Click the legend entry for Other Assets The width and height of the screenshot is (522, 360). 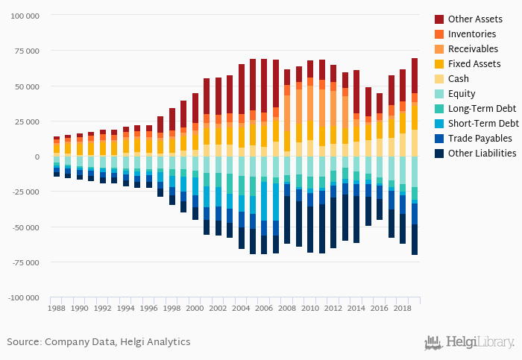(x=474, y=19)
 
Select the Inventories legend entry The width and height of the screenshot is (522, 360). (x=472, y=34)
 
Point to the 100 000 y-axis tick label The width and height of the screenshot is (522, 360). (x=24, y=16)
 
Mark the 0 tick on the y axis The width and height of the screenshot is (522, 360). (x=37, y=157)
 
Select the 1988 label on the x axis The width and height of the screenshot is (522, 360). (x=57, y=307)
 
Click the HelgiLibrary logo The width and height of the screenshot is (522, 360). (x=469, y=343)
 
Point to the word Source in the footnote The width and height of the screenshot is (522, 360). (x=23, y=342)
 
